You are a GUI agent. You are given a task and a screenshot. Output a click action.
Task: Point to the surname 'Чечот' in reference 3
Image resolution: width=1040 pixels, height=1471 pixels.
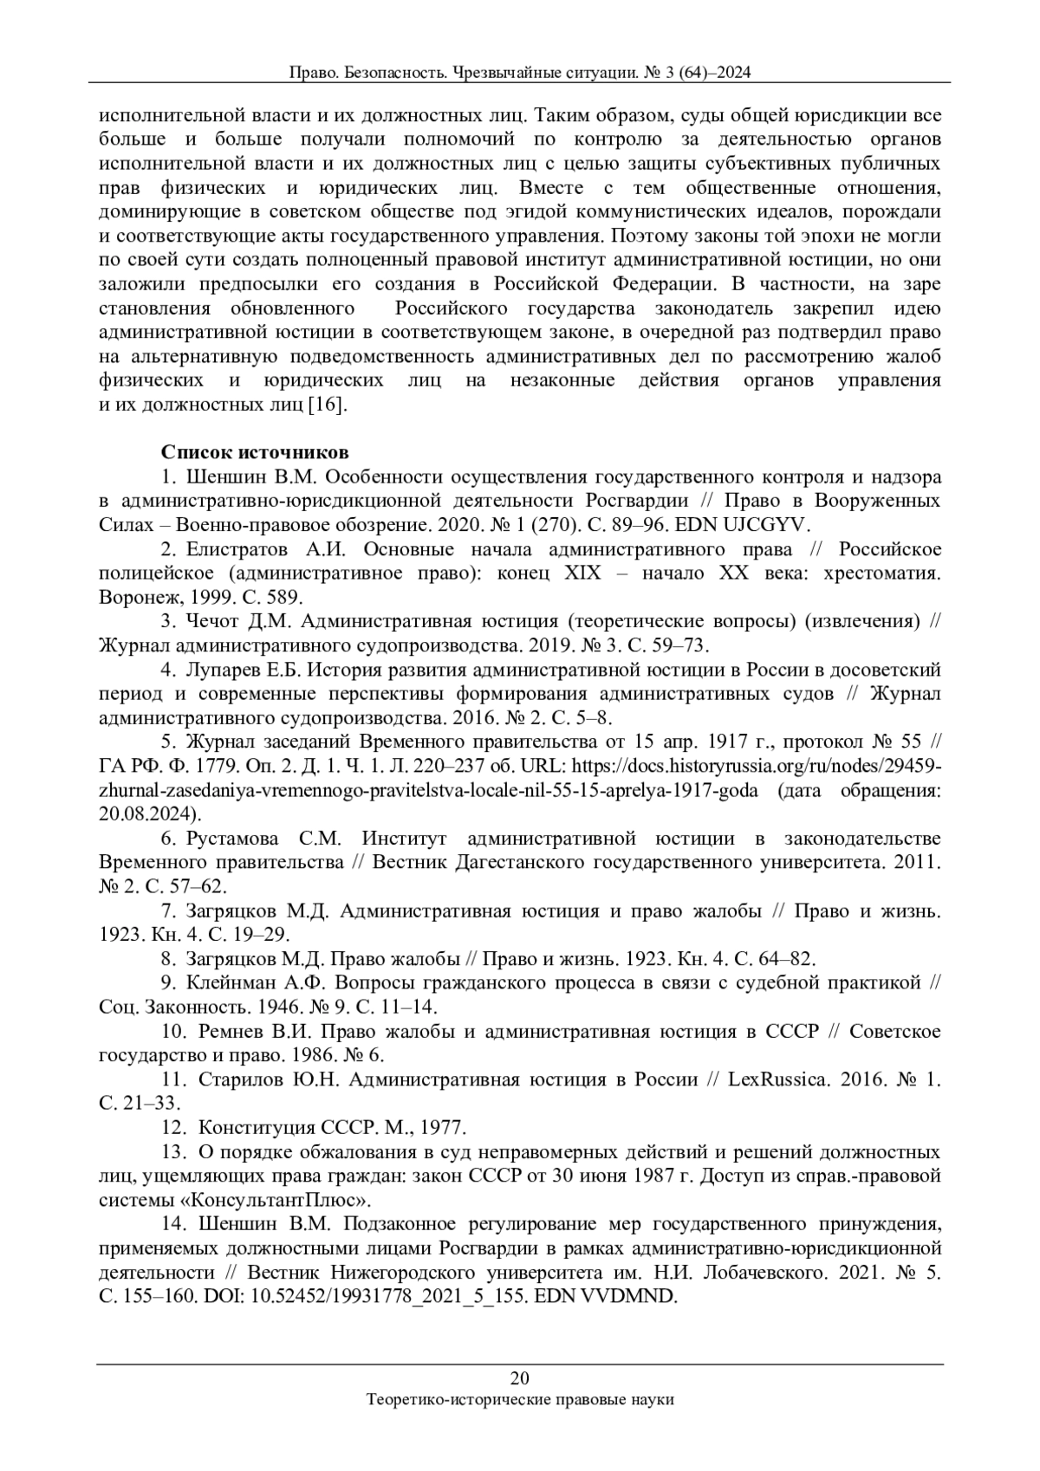tap(215, 621)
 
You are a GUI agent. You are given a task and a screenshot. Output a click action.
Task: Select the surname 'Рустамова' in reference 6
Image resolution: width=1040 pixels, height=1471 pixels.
tap(231, 838)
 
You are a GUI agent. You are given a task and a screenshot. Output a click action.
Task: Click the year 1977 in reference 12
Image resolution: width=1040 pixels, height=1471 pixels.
tap(444, 1127)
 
